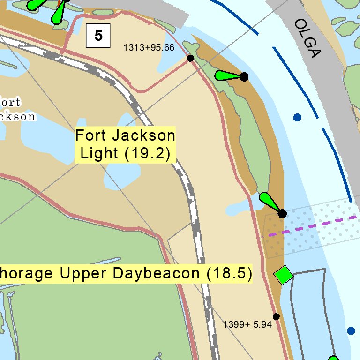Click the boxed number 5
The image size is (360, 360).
[x=98, y=35]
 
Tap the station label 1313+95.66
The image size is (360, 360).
[x=149, y=47]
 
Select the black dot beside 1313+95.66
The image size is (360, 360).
[x=190, y=58]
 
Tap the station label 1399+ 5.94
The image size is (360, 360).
[x=247, y=324]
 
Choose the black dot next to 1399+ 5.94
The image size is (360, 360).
[x=276, y=316]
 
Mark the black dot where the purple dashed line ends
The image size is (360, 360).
[x=282, y=214]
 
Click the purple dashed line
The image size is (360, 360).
[x=319, y=224]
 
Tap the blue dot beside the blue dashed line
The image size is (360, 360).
[x=297, y=117]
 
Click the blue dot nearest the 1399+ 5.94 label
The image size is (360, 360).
[x=351, y=331]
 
